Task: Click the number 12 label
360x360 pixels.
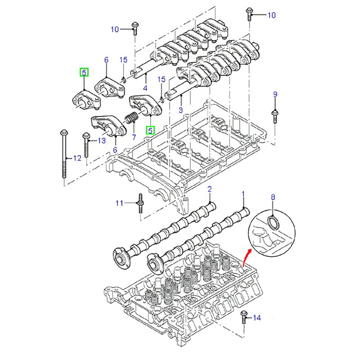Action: click(77, 158)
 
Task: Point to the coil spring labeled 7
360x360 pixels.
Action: click(131, 118)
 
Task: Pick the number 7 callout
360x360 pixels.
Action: click(133, 136)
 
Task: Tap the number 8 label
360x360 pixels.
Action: click(272, 197)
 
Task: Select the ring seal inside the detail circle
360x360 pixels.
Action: click(273, 221)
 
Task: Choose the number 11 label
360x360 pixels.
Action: click(119, 203)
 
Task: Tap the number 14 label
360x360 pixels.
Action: click(256, 318)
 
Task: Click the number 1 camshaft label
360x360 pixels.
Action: click(243, 194)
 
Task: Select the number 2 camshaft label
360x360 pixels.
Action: click(209, 189)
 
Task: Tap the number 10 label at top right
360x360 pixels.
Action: click(271, 15)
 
